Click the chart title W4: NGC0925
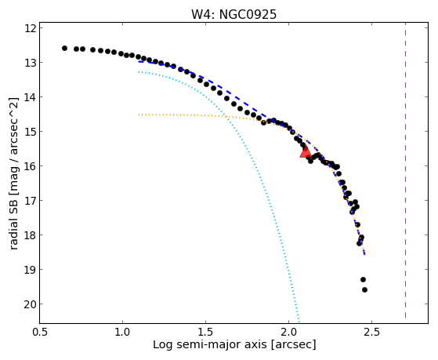click(x=233, y=15)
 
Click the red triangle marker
click(x=306, y=152)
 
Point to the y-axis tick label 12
click(x=31, y=28)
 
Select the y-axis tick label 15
click(x=31, y=132)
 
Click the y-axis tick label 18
click(x=31, y=235)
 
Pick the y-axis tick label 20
click(x=31, y=304)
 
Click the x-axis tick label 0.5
click(x=40, y=333)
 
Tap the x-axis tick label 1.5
click(x=205, y=333)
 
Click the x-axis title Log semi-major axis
click(x=210, y=344)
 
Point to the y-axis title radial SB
click(x=14, y=217)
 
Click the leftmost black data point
click(x=64, y=49)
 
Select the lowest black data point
click(x=364, y=289)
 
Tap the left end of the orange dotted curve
click(x=139, y=115)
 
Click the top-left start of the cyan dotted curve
click(x=139, y=72)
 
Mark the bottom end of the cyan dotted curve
click(x=299, y=322)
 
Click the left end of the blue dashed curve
click(x=139, y=61)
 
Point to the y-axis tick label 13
click(x=31, y=63)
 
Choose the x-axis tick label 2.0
click(x=288, y=333)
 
